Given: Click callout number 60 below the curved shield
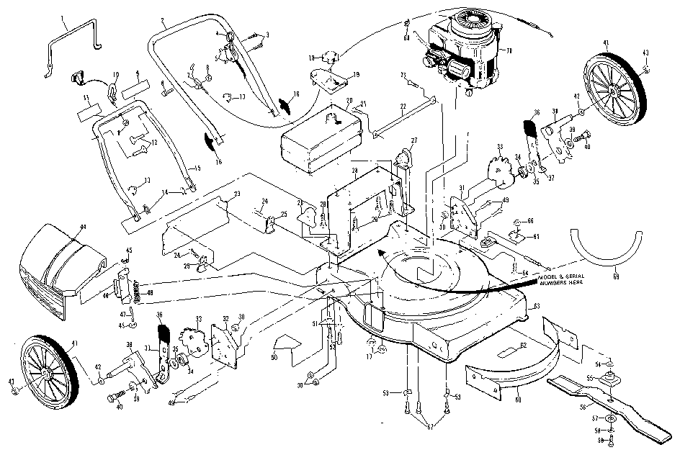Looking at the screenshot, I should click(519, 395).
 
